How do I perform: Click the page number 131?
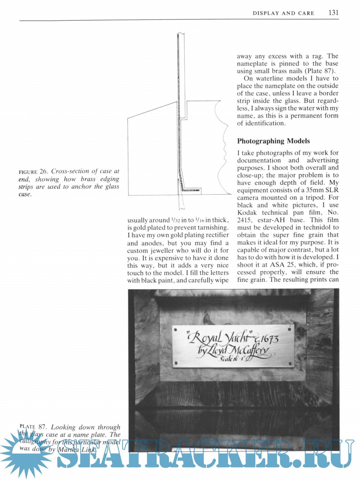click(333, 13)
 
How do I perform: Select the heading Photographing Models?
click(273, 141)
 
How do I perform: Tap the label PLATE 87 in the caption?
click(33, 427)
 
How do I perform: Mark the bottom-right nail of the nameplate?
click(290, 363)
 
